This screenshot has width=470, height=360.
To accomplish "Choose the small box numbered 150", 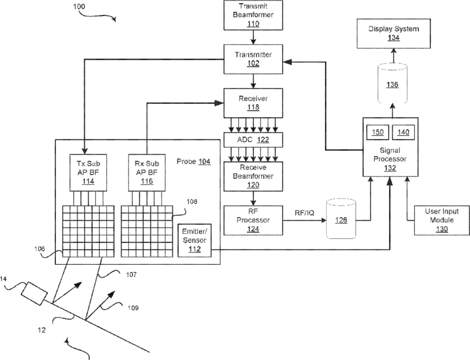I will pos(378,133).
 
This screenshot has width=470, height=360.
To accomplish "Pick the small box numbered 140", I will pos(403,133).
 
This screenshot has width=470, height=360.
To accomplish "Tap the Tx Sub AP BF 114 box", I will pos(86,173).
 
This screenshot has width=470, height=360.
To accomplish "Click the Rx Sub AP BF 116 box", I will pos(146,173).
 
